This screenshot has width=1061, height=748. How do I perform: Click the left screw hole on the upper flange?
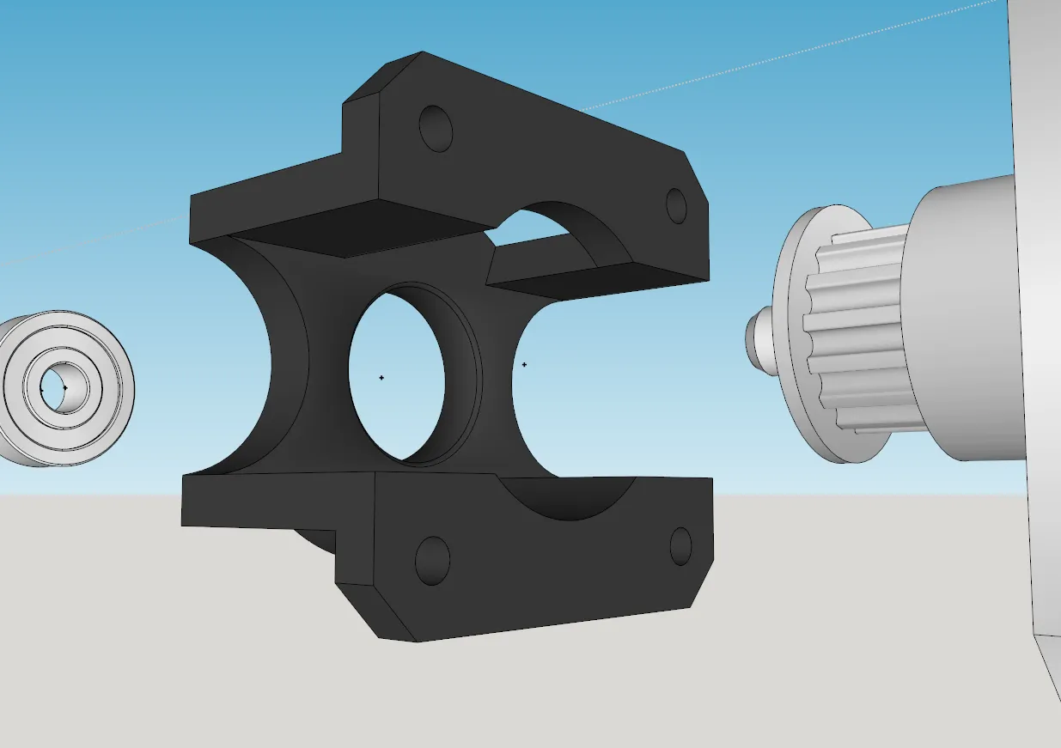tap(436, 129)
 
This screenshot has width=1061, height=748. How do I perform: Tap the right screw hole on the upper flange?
tap(677, 205)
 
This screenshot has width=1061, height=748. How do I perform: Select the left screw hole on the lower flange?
tap(432, 560)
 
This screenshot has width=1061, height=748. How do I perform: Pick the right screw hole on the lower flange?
tap(680, 546)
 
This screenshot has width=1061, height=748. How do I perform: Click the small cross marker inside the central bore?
tap(381, 377)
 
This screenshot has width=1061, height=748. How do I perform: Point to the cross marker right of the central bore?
tap(524, 364)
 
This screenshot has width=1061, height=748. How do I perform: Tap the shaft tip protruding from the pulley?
tap(755, 336)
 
